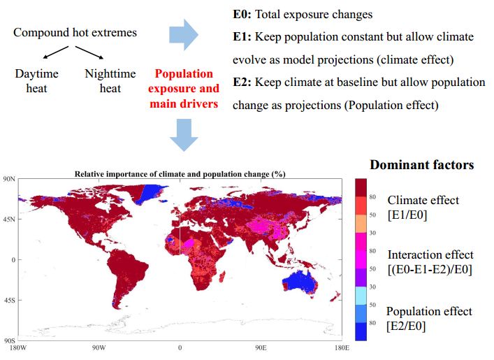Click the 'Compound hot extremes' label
[x=75, y=33]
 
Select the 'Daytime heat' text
[x=39, y=80]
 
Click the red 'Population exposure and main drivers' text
[x=183, y=89]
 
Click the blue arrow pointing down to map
[x=184, y=134]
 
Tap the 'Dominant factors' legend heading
[x=421, y=165]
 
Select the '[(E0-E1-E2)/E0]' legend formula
[x=430, y=270]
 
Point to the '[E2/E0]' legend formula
[x=407, y=326]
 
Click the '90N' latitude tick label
[x=9, y=180]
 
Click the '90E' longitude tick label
[x=261, y=347]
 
